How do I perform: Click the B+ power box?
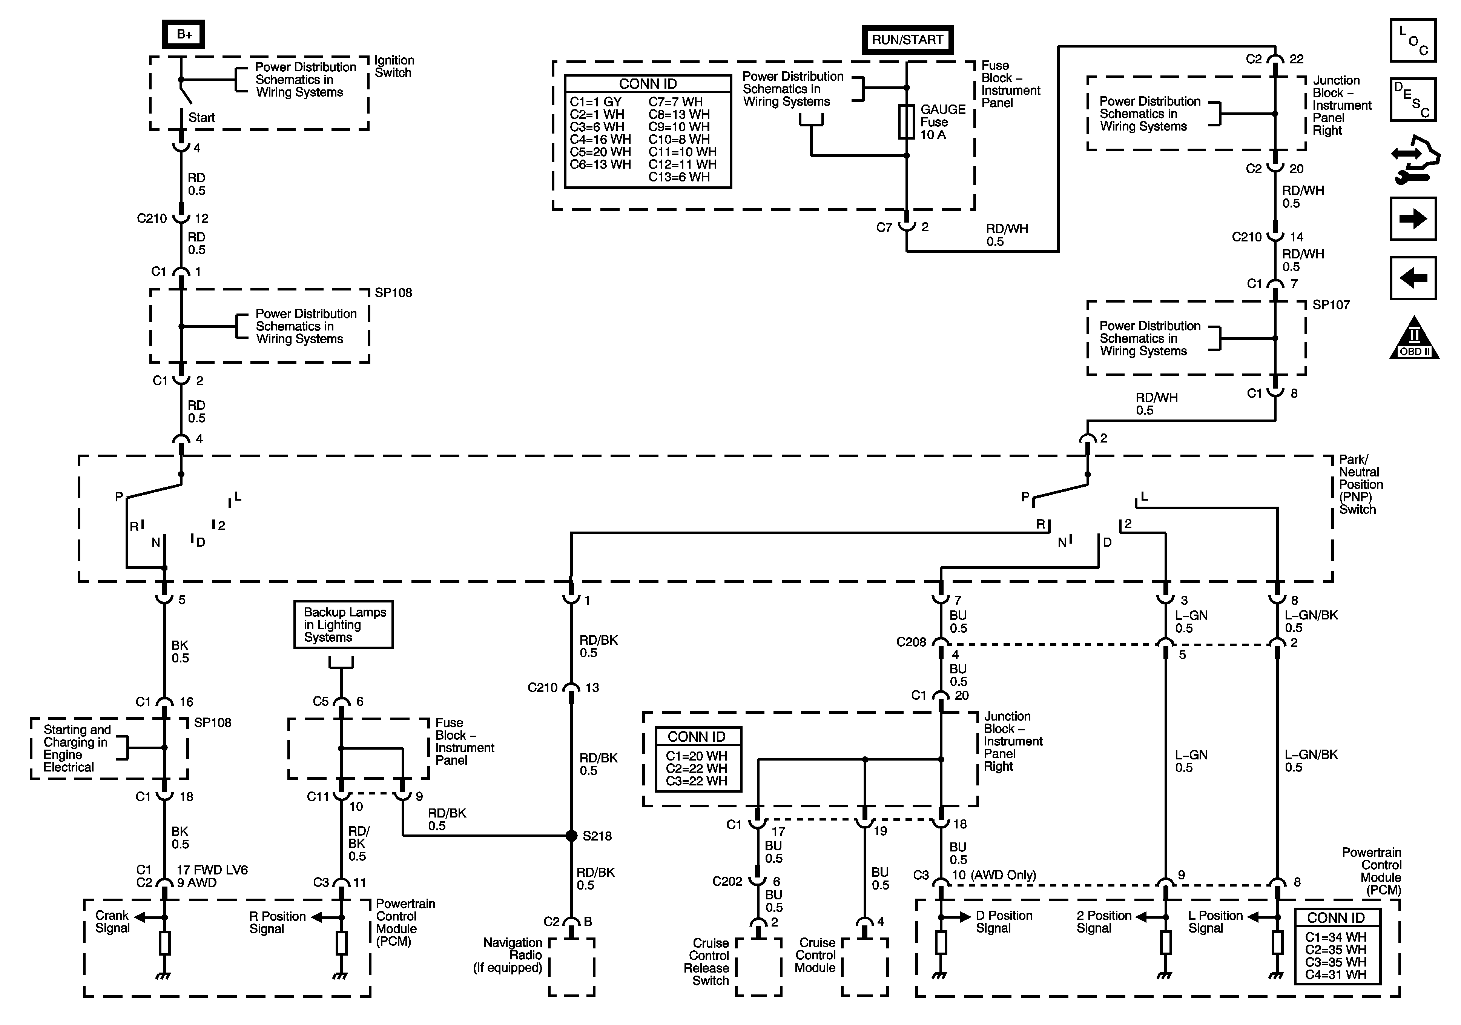click(x=184, y=34)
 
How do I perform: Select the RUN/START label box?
click(x=907, y=40)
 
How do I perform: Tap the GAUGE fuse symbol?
click(x=907, y=121)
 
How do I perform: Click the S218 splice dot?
click(x=571, y=835)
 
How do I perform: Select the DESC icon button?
click(x=1413, y=99)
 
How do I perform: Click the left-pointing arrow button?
click(x=1413, y=278)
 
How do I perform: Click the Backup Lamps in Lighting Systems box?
click(x=344, y=625)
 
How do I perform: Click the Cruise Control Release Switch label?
click(x=707, y=961)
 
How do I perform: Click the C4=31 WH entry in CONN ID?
click(x=1336, y=974)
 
